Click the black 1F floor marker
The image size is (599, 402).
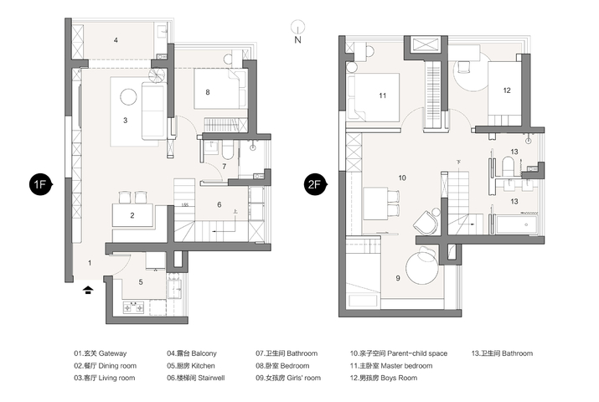click(40, 184)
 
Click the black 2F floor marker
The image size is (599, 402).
click(315, 184)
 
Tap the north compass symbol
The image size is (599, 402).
click(297, 31)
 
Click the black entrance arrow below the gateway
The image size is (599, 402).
click(88, 290)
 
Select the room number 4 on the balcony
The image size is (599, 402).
click(116, 40)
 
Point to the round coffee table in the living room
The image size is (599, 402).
click(128, 96)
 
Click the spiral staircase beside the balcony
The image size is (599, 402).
click(157, 75)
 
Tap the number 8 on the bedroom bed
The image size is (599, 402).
click(208, 92)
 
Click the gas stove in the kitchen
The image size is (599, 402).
click(133, 307)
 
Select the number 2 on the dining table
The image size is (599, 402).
click(132, 215)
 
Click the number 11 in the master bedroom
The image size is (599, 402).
click(383, 95)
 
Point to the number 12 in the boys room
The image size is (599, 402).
click(507, 90)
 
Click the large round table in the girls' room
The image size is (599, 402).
click(422, 268)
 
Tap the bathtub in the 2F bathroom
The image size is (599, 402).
click(517, 224)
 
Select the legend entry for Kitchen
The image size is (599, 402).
click(191, 366)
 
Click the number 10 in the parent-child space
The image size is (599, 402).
click(402, 178)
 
